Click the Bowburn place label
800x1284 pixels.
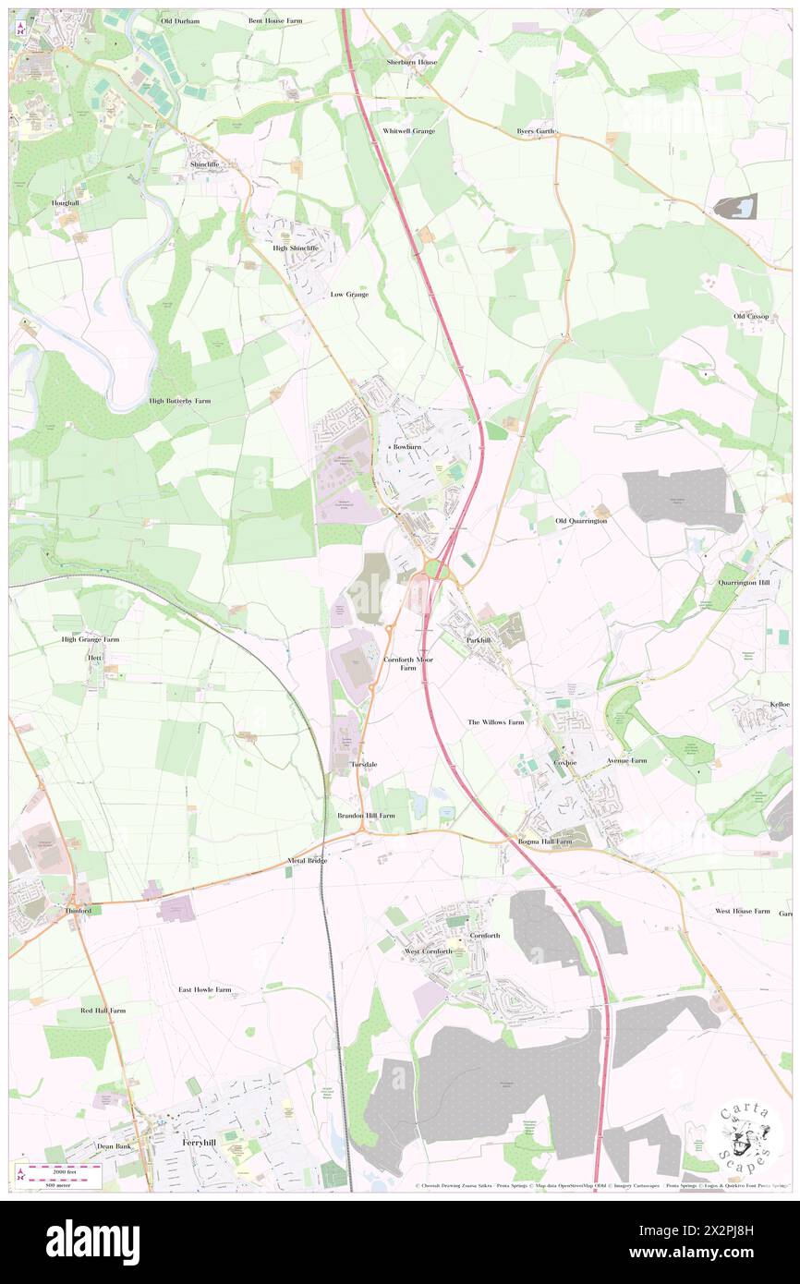(x=407, y=446)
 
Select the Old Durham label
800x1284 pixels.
(x=180, y=20)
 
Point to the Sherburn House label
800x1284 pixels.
(x=412, y=62)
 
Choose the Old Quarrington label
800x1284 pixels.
(x=581, y=521)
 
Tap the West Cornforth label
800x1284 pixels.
(x=429, y=951)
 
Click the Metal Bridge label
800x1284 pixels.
(x=308, y=861)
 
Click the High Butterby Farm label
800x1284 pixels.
(x=180, y=401)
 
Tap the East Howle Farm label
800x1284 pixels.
(x=205, y=989)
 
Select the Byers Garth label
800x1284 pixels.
(x=536, y=131)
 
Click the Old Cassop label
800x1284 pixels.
(x=752, y=316)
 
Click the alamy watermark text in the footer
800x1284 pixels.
(x=92, y=1242)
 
